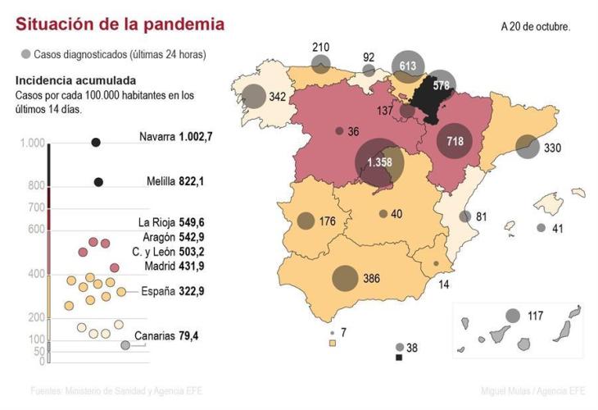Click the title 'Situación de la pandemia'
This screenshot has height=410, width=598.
[120, 25]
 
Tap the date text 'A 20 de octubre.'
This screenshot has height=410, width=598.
[536, 26]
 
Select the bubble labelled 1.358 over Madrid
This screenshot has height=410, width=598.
[378, 162]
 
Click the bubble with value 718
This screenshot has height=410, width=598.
[455, 141]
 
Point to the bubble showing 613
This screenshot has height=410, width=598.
[408, 66]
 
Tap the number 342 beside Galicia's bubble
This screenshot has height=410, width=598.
[278, 97]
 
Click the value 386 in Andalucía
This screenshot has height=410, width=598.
[371, 278]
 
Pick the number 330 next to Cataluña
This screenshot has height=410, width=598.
[552, 148]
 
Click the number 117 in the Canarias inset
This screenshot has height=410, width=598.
[536, 316]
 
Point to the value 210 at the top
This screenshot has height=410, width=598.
[321, 47]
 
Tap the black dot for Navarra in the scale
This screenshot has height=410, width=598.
[96, 143]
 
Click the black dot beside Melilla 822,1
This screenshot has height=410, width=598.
[98, 182]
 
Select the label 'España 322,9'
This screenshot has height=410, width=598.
[172, 291]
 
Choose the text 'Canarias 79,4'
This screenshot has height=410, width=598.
[167, 335]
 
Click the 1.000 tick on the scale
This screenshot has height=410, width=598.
[32, 143]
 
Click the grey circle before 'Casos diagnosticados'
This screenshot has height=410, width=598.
[25, 54]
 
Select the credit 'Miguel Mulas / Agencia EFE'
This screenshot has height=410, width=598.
[532, 390]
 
